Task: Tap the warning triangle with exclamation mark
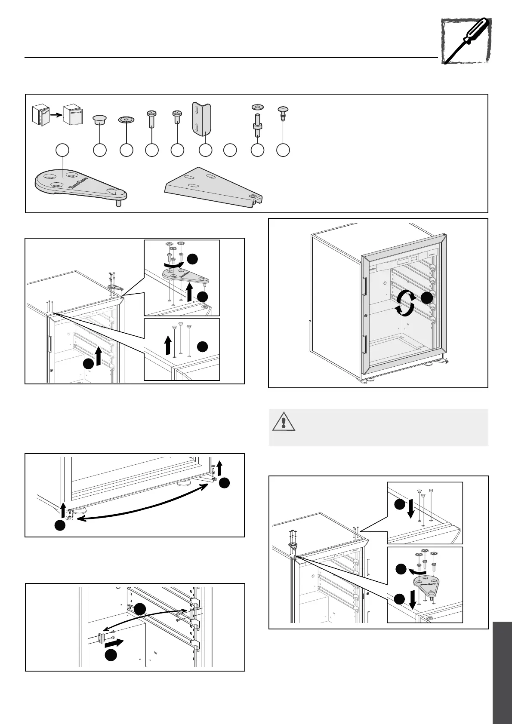coord(283,421)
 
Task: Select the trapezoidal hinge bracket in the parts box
coord(215,186)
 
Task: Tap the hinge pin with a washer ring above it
coord(257,120)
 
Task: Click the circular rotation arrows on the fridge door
coord(406,303)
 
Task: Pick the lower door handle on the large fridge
coord(364,346)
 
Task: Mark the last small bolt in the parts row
coord(283,116)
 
